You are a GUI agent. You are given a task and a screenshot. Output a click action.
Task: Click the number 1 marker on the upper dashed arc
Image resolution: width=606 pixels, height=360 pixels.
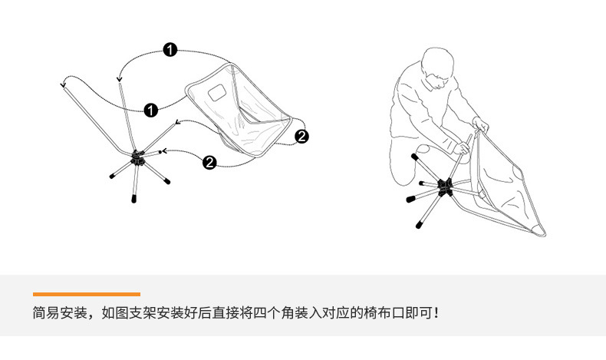pos(170,51)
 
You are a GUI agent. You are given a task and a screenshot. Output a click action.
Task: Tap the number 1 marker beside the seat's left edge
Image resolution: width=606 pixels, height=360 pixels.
pos(151,110)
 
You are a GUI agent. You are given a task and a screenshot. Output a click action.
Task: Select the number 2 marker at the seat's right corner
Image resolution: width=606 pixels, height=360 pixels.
pos(301,136)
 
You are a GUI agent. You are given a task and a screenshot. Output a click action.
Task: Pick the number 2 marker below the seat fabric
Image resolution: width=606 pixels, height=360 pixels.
pos(209,161)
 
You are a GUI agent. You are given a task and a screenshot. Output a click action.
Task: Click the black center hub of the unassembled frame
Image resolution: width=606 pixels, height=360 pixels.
pos(138,157)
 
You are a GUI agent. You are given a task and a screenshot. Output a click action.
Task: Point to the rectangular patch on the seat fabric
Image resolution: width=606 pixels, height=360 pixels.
pos(216,94)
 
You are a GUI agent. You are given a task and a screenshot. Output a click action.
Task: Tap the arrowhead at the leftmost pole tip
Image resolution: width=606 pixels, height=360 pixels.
pos(63,83)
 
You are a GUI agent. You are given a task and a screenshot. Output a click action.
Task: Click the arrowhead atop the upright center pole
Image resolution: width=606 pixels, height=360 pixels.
pos(120,78)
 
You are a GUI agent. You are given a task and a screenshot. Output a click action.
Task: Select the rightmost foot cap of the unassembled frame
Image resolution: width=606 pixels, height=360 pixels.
pos(166,182)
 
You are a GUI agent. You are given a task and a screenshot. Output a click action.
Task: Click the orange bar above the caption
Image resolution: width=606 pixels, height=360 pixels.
pos(87,294)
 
